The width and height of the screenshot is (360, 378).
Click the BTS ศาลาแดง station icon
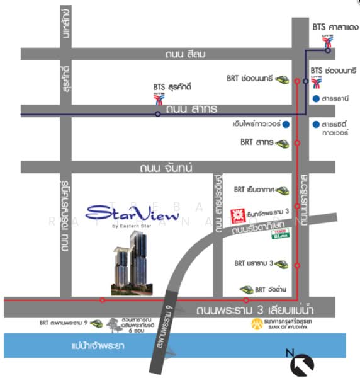[x=327, y=41]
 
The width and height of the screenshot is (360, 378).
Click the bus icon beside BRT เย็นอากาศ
[x=281, y=189]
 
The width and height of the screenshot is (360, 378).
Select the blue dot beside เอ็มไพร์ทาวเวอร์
[x=286, y=124]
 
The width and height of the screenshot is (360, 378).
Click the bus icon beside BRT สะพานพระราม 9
[x=96, y=323]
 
